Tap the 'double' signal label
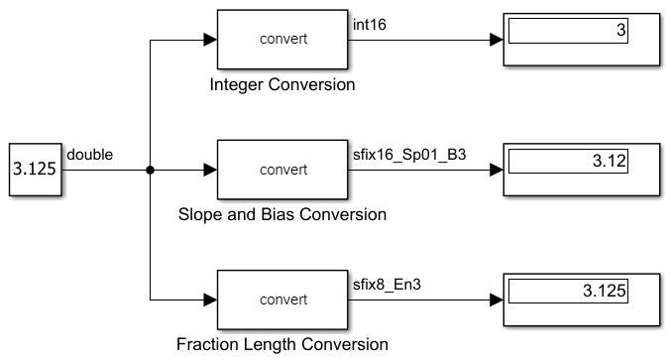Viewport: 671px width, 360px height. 89,155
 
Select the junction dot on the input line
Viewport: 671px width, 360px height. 150,170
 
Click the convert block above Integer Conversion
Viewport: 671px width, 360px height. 283,40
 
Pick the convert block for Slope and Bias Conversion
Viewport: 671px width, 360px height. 283,170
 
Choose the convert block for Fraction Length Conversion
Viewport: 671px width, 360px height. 283,299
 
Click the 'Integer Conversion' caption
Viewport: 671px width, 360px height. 282,85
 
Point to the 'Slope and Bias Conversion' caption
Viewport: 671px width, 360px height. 282,214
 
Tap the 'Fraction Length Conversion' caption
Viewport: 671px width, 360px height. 282,344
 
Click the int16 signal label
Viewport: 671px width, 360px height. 370,24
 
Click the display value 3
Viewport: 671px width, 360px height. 620,31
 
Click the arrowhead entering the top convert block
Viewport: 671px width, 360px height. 209,40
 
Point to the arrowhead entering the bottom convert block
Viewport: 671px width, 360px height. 209,299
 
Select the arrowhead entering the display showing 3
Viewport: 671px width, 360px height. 497,40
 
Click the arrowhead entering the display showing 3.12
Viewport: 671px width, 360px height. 497,170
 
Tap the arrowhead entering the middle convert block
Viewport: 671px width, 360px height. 209,170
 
